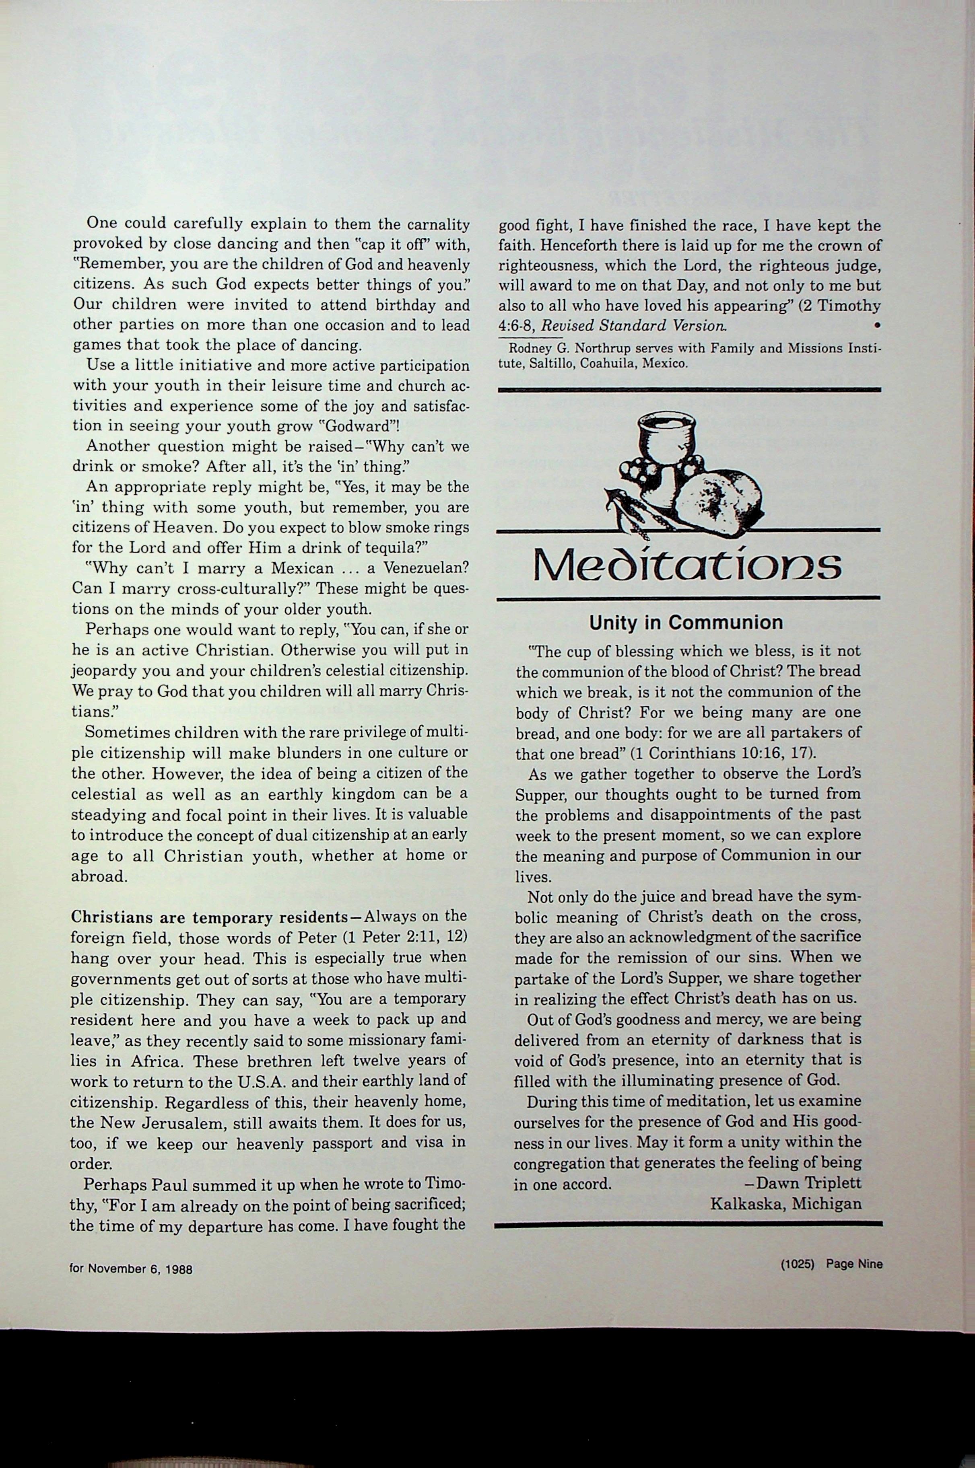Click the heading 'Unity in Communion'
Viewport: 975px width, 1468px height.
pos(686,622)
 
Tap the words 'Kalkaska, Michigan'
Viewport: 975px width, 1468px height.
pos(785,1203)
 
